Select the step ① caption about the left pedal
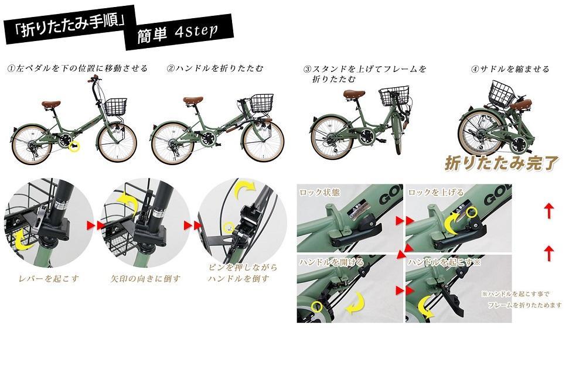(77, 69)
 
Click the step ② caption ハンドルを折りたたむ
(215, 69)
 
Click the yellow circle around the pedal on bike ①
(74, 146)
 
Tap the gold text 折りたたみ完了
(501, 162)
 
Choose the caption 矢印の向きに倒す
(145, 278)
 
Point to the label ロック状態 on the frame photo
(319, 192)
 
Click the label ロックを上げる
(435, 192)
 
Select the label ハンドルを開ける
(331, 262)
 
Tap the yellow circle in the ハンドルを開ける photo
(317, 306)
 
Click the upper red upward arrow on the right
(548, 211)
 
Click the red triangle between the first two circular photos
(91, 225)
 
